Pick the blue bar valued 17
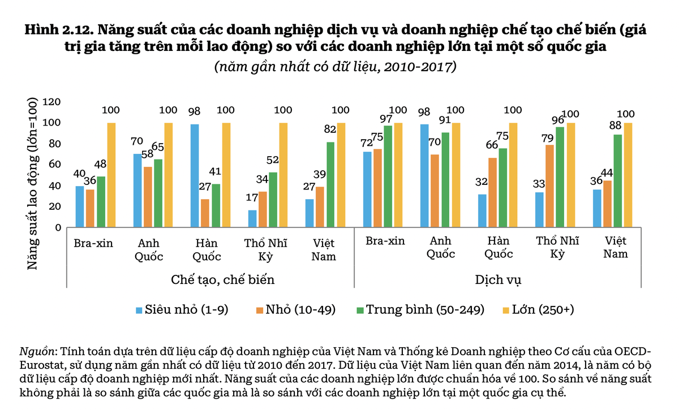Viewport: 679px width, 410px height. pyautogui.click(x=252, y=218)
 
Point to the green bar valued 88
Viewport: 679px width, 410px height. pyautogui.click(x=617, y=180)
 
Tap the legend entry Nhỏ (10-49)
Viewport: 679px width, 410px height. pyautogui.click(x=296, y=309)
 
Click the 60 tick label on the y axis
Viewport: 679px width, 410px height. pyautogui.click(x=54, y=165)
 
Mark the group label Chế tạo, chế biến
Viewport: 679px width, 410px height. pyautogui.click(x=210, y=279)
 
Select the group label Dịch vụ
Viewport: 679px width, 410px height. pyautogui.click(x=498, y=279)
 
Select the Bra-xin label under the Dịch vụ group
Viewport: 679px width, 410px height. pyautogui.click(x=385, y=241)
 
